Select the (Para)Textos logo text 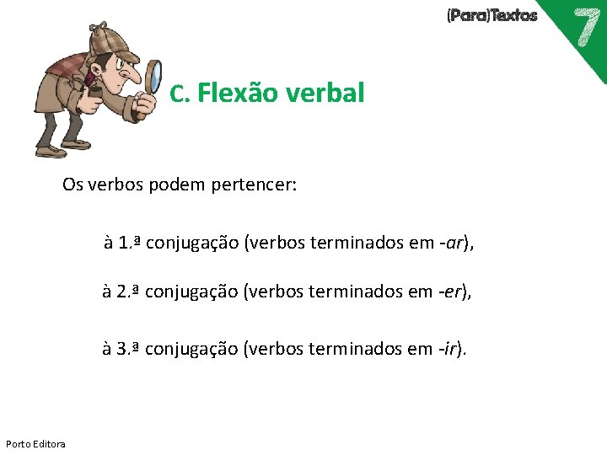point(492,15)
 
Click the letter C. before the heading point(179,94)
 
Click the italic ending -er point(454,292)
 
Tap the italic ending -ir point(450,348)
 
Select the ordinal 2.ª point(128,292)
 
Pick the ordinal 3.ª point(128,348)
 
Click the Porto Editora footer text point(35,443)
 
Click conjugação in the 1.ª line point(192,244)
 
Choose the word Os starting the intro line point(72,185)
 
